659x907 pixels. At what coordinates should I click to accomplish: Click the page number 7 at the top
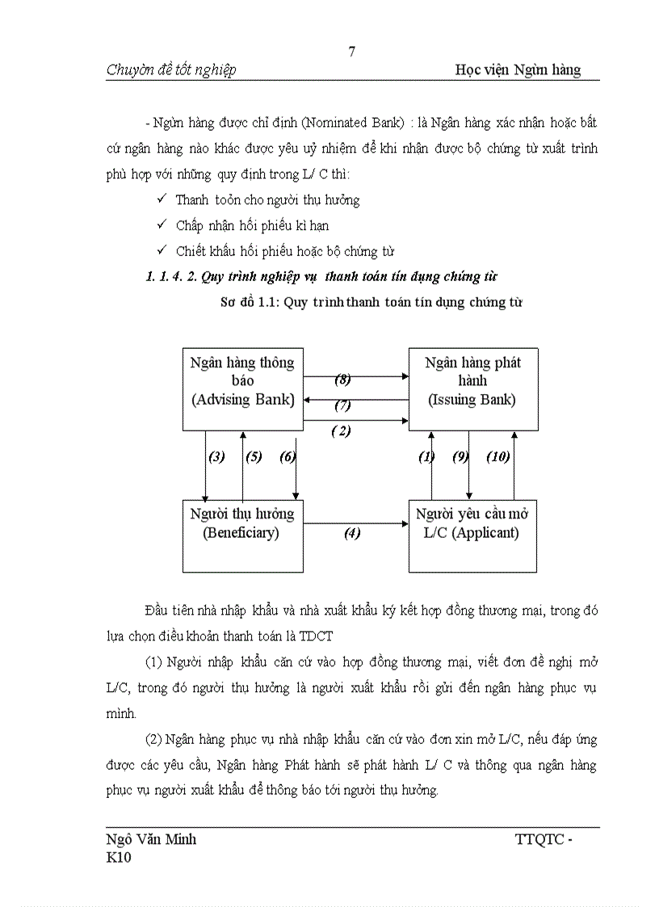[x=351, y=52]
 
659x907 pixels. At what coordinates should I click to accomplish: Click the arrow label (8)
[x=342, y=378]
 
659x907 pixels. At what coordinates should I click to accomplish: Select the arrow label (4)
[x=352, y=533]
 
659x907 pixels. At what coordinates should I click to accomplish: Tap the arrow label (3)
[x=216, y=456]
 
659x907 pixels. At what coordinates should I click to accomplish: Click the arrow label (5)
[x=254, y=456]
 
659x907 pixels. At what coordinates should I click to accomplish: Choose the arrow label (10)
[x=497, y=456]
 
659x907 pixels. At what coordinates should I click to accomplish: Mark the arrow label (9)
[x=461, y=456]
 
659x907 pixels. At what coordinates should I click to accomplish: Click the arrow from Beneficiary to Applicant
[x=355, y=523]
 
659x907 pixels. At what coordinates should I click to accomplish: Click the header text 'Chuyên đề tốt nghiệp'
[x=171, y=70]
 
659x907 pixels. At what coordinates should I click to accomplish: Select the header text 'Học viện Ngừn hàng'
[x=518, y=70]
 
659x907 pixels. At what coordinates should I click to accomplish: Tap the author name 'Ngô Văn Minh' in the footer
[x=151, y=839]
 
